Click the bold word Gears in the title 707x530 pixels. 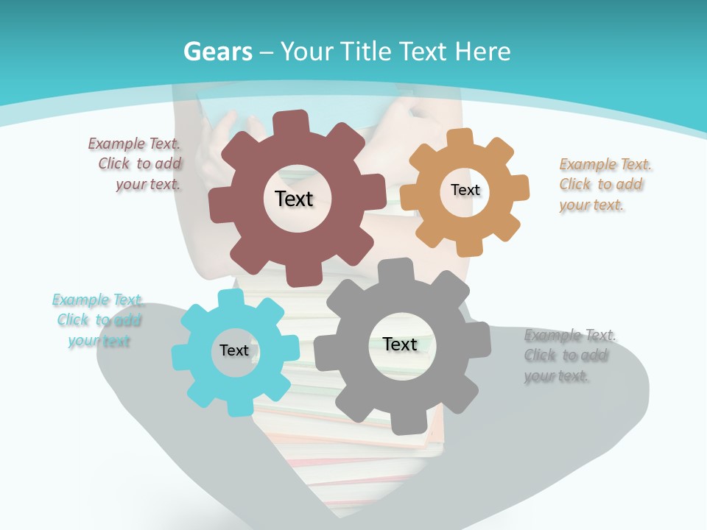pyautogui.click(x=218, y=52)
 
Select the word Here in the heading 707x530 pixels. pyautogui.click(x=482, y=52)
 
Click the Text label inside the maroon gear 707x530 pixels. pyautogui.click(x=294, y=199)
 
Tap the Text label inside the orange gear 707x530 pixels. pyautogui.click(x=465, y=190)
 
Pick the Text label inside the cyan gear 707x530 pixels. pyautogui.click(x=234, y=351)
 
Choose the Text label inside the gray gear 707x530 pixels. pyautogui.click(x=400, y=344)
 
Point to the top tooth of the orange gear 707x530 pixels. pyautogui.click(x=460, y=138)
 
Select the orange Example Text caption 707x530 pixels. pyautogui.click(x=602, y=185)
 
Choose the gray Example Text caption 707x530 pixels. pyautogui.click(x=568, y=356)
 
